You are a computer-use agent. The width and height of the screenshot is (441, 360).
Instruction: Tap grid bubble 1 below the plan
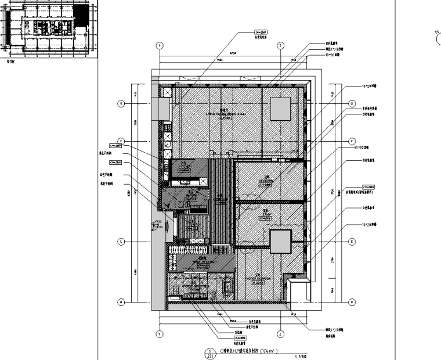158,334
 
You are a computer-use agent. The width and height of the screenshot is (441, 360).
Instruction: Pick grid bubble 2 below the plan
280,334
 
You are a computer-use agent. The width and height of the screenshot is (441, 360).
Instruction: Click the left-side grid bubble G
121,104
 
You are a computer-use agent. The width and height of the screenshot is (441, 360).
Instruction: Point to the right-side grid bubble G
351,104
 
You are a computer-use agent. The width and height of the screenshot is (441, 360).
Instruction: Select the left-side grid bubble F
121,141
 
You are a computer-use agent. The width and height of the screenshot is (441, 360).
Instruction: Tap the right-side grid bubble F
351,141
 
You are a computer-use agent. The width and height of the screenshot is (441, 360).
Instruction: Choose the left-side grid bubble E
121,241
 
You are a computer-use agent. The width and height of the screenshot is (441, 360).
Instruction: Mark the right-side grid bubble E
351,241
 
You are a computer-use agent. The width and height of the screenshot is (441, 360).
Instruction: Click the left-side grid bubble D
121,302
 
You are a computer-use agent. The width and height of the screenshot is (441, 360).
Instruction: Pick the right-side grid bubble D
351,302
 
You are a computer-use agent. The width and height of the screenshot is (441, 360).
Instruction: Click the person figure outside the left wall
156,225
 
